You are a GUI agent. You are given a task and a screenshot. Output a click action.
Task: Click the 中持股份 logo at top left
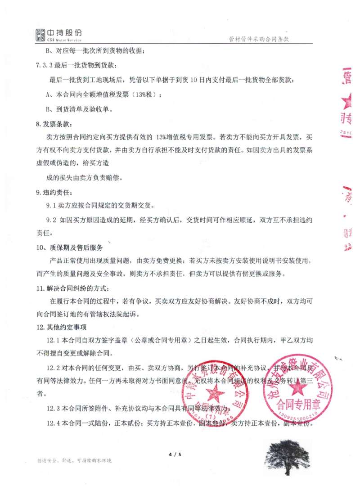click(58, 34)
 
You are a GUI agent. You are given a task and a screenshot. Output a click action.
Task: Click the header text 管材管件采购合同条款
click(258, 39)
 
